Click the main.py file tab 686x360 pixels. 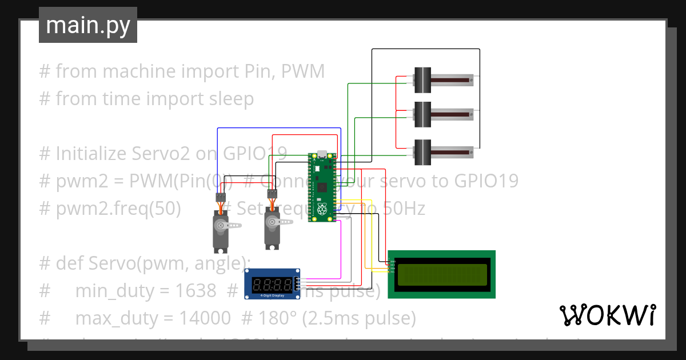point(87,25)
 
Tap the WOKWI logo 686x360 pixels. point(607,315)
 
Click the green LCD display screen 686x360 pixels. point(441,274)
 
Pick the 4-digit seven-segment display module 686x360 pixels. point(272,283)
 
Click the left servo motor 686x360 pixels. point(221,230)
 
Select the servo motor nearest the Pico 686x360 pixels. point(273,227)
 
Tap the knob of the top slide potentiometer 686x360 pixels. point(422,80)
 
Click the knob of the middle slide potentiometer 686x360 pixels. point(422,114)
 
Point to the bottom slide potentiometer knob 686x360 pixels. point(422,152)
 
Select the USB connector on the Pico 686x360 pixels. point(321,154)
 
